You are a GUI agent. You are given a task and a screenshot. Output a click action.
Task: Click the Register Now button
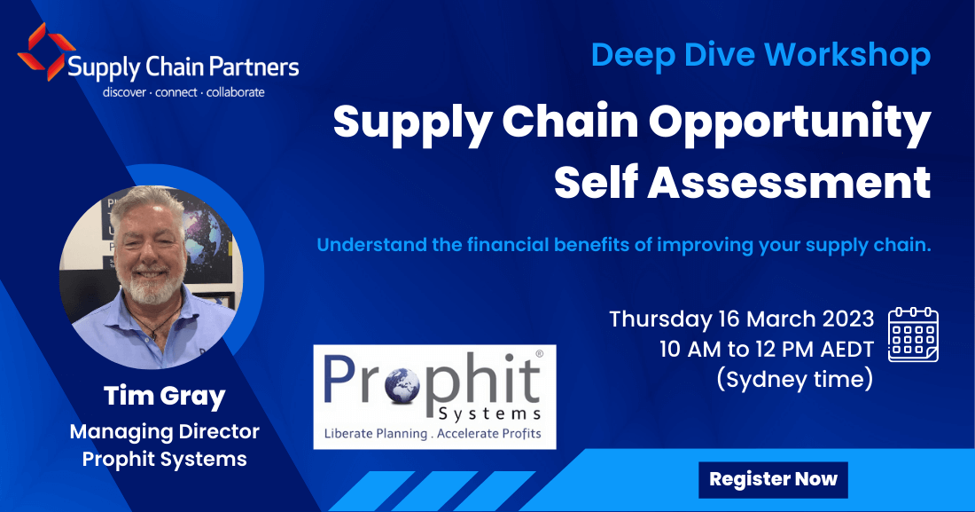click(773, 479)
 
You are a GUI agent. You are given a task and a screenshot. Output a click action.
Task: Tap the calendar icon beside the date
click(913, 335)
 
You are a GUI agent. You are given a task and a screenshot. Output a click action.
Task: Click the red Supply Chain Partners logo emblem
click(40, 52)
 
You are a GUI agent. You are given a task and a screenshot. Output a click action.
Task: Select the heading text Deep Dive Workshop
click(760, 55)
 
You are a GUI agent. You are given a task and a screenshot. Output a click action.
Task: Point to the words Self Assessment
click(742, 182)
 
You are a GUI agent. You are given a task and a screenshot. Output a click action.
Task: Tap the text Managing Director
click(164, 431)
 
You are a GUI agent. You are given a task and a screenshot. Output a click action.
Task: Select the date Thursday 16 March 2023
click(741, 319)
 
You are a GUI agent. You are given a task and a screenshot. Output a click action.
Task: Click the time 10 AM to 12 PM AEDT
click(767, 350)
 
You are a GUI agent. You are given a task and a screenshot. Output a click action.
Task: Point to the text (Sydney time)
click(794, 380)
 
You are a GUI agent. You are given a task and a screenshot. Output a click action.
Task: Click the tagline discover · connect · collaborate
click(183, 91)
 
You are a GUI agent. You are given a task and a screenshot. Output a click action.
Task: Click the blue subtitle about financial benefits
click(623, 245)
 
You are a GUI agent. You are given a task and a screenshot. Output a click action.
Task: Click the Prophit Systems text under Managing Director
click(164, 459)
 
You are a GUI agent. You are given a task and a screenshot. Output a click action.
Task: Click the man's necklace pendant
click(157, 335)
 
